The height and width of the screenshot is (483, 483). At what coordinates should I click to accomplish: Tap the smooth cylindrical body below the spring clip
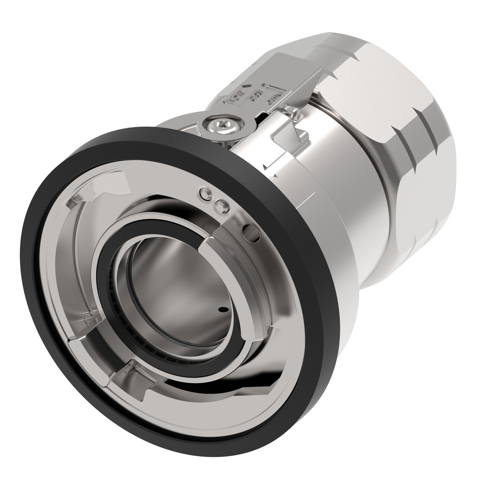338,200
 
